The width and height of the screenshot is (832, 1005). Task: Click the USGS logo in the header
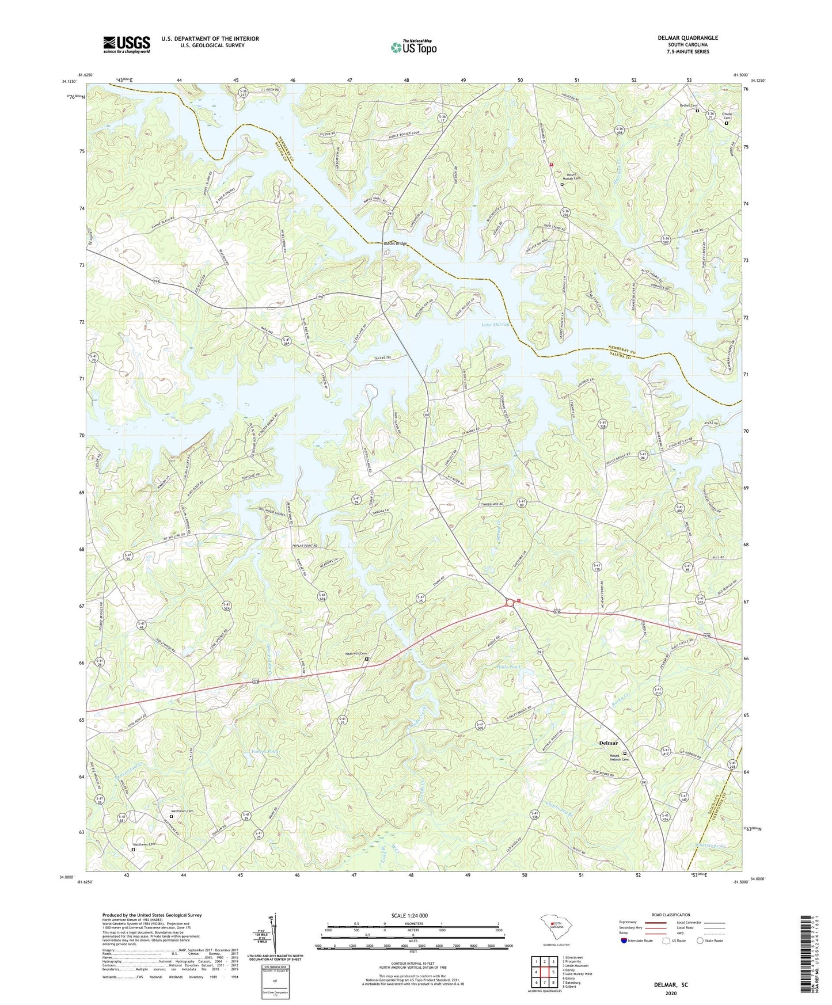click(x=127, y=44)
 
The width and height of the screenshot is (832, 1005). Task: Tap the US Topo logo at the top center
click(x=413, y=47)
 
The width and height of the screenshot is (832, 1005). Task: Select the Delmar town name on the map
click(x=609, y=743)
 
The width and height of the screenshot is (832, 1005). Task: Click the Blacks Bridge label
click(x=395, y=243)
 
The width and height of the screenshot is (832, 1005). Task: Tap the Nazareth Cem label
click(x=356, y=660)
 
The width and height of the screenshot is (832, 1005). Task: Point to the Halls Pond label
click(x=508, y=667)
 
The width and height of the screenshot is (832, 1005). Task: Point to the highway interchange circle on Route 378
click(x=510, y=602)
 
